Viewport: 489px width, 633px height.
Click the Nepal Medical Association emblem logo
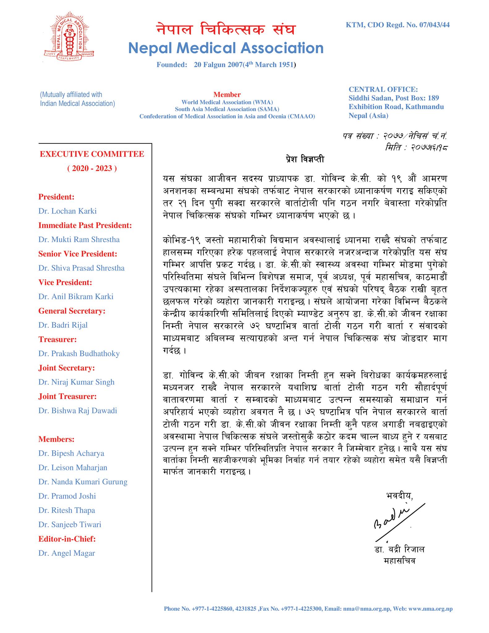[69, 36]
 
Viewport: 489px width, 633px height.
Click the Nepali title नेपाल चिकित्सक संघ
[226, 30]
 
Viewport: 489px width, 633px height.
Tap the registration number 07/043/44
[434, 25]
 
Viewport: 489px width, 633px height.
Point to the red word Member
[227, 95]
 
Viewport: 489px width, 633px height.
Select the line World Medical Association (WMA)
[227, 102]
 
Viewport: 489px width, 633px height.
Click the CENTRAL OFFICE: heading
[383, 90]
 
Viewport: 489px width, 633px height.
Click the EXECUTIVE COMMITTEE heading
[92, 154]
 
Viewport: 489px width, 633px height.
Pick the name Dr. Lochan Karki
[67, 211]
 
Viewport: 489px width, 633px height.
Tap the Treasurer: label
[57, 339]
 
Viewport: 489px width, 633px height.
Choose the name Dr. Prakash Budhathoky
[79, 354]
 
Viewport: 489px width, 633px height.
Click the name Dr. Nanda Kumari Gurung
[83, 482]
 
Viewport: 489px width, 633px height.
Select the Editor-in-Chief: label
[67, 539]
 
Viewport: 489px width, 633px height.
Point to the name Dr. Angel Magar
[66, 553]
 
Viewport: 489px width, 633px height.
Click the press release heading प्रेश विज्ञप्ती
[305, 159]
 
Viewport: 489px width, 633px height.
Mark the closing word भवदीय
[399, 496]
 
